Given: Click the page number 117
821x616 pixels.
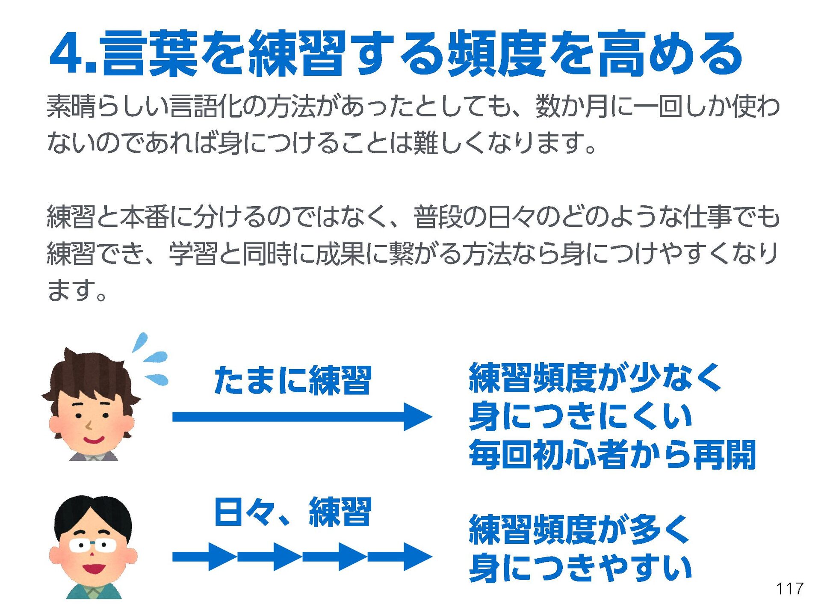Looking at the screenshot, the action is click(x=790, y=589).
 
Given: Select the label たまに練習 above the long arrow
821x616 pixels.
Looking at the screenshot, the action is click(x=293, y=380).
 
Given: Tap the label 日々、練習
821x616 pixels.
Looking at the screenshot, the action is click(x=293, y=512).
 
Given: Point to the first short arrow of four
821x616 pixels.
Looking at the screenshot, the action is click(x=204, y=557).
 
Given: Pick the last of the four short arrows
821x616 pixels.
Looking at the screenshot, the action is click(x=400, y=557).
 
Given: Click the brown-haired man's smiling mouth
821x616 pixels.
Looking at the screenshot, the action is click(x=93, y=440).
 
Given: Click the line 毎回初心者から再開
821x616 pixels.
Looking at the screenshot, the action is click(x=612, y=454).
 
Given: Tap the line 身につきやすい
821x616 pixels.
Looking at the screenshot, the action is click(x=580, y=568).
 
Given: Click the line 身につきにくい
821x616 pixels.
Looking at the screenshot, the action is click(x=580, y=416).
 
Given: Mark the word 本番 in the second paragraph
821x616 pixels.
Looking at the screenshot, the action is click(x=144, y=217).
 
